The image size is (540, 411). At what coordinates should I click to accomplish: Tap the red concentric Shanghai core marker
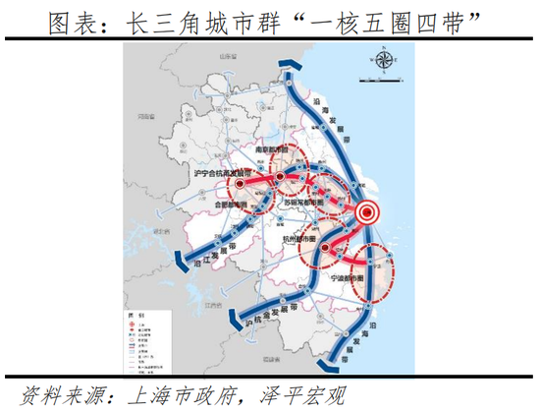tap(366, 209)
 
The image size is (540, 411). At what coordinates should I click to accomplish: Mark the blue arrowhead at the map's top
tap(292, 62)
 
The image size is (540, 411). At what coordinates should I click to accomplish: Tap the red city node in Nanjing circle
tap(280, 178)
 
